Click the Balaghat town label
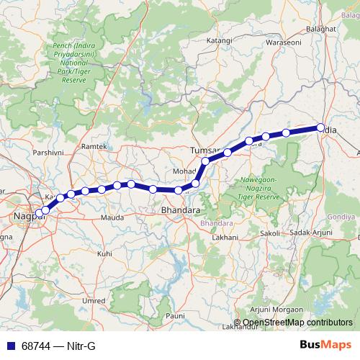322,28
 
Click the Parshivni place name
48,153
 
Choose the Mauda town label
112,217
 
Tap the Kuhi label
104,253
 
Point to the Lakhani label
225,236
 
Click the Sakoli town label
269,233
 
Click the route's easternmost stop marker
320,128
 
